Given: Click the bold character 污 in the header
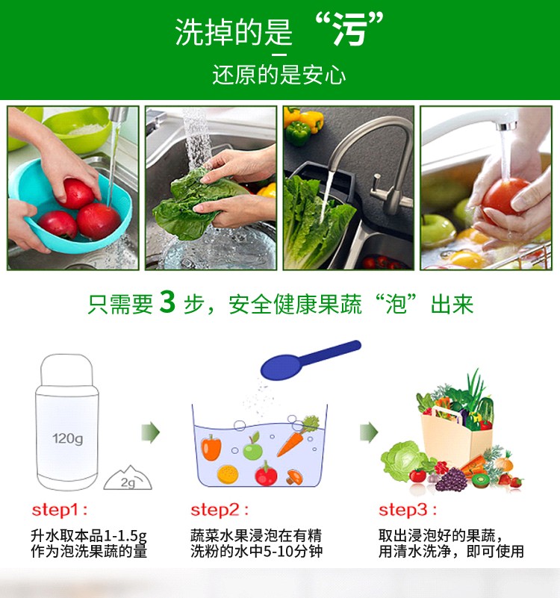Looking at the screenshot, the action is pyautogui.click(x=349, y=31).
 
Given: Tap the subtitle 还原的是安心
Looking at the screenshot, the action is pyautogui.click(x=279, y=75).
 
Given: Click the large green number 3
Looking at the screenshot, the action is pyautogui.click(x=167, y=302).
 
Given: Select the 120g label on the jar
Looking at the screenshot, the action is pyautogui.click(x=67, y=438).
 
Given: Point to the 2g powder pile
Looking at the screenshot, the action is pyautogui.click(x=128, y=479).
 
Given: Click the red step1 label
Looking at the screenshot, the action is pyautogui.click(x=60, y=510).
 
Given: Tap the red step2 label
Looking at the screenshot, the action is pyautogui.click(x=220, y=510).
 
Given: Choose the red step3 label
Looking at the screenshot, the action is pyautogui.click(x=408, y=510).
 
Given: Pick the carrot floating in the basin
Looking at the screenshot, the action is pyautogui.click(x=296, y=437).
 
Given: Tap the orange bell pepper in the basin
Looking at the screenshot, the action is pyautogui.click(x=211, y=447).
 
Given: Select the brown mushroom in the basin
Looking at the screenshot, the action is pyautogui.click(x=294, y=477).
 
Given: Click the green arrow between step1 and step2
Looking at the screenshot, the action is pyautogui.click(x=150, y=432).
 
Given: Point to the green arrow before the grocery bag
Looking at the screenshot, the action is pyautogui.click(x=369, y=432).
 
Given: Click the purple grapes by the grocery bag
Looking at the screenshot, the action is pyautogui.click(x=451, y=479).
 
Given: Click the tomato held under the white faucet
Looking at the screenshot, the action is pyautogui.click(x=503, y=197).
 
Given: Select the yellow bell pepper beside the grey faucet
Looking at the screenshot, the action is pyautogui.click(x=311, y=120).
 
